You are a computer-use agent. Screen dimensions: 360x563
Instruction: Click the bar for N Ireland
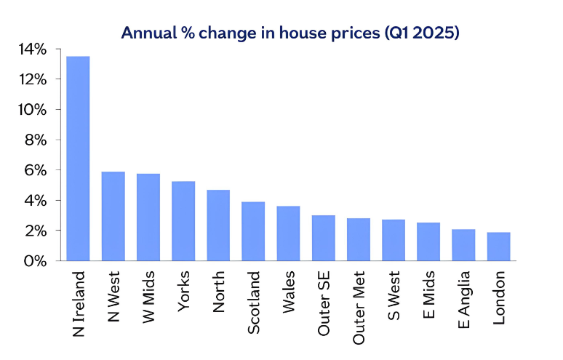pos(78,158)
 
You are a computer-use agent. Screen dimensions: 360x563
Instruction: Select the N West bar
pos(113,216)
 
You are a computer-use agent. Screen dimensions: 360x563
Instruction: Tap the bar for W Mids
pos(148,217)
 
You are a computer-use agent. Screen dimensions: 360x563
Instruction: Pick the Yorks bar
pos(183,220)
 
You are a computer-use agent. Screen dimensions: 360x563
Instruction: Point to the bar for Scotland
pos(253,231)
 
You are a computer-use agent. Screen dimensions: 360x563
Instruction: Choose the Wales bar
pos(288,233)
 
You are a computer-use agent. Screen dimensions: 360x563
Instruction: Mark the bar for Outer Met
pos(359,239)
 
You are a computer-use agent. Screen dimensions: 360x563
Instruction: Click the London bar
pos(498,246)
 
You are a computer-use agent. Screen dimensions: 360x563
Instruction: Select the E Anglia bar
pos(463,244)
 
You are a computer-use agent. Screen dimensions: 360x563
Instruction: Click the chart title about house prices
pos(290,33)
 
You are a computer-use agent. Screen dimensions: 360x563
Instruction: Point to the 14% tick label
pos(33,49)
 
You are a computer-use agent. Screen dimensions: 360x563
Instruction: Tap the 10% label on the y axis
pos(33,110)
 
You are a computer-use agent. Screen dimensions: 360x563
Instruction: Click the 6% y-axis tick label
pos(36,170)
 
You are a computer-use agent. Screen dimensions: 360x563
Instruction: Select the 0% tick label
pos(36,260)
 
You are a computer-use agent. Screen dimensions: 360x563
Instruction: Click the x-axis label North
pos(219,292)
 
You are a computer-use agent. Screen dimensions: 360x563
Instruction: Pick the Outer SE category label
pos(324,304)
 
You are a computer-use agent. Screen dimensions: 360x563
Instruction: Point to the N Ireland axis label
pos(79,303)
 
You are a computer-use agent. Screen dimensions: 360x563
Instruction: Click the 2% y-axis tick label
pos(36,231)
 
